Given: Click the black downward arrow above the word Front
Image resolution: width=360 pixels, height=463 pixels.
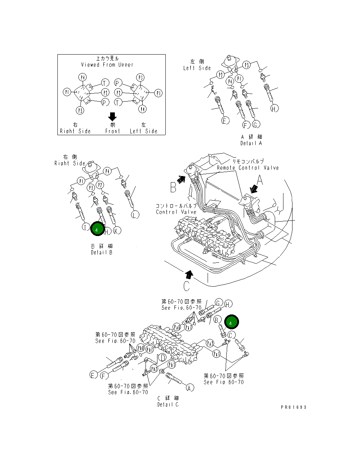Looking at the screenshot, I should [x=112, y=116].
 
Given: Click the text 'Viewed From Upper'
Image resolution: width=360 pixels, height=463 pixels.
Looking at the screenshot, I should [x=107, y=65].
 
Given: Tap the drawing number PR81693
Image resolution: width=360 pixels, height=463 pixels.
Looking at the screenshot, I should [x=294, y=407].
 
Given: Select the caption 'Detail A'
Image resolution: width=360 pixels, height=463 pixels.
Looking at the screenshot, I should [x=251, y=143].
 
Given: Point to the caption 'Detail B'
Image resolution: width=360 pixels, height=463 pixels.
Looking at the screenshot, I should [x=102, y=252].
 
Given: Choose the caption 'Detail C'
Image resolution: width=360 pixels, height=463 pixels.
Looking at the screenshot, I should [x=168, y=404].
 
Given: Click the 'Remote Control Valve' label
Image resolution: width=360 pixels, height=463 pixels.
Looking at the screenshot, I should [x=248, y=168].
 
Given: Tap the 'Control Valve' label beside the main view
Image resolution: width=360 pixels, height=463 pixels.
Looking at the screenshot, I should [x=176, y=212].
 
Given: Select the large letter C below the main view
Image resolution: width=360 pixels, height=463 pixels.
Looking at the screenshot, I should [x=186, y=286].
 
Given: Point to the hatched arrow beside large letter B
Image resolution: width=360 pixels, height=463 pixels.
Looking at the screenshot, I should [x=181, y=179].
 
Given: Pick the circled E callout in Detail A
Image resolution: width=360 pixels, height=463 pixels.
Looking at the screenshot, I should [x=225, y=121].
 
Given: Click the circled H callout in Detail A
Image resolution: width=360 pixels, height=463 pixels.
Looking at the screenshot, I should [x=274, y=108].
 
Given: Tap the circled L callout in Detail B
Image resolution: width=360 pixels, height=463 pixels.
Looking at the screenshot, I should [x=135, y=215].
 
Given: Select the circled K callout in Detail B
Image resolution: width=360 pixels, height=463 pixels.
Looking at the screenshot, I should [x=117, y=230].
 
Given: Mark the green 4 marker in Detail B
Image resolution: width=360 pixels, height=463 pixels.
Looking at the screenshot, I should [x=97, y=229].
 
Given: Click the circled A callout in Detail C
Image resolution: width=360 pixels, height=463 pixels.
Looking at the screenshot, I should [x=190, y=388].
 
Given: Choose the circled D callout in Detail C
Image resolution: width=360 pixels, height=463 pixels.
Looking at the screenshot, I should [x=163, y=358].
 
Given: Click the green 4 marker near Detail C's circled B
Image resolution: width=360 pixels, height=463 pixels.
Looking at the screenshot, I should [x=231, y=322].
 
